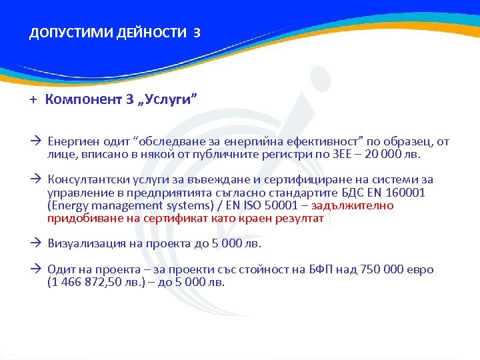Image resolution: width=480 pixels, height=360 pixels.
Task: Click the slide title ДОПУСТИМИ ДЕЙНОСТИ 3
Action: pyautogui.click(x=114, y=33)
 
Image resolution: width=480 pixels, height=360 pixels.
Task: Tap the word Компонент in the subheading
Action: pyautogui.click(x=84, y=100)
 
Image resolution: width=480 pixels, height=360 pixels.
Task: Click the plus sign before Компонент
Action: pyautogui.click(x=32, y=100)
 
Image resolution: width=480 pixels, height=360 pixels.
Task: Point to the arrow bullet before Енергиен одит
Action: pyautogui.click(x=36, y=141)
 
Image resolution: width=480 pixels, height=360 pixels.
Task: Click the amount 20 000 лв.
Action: pyautogui.click(x=397, y=154)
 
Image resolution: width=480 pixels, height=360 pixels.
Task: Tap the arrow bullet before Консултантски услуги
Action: pyautogui.click(x=36, y=180)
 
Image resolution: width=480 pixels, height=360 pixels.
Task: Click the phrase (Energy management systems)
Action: pyautogui.click(x=125, y=205)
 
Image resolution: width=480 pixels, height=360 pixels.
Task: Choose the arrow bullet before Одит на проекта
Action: pyautogui.click(x=36, y=270)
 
